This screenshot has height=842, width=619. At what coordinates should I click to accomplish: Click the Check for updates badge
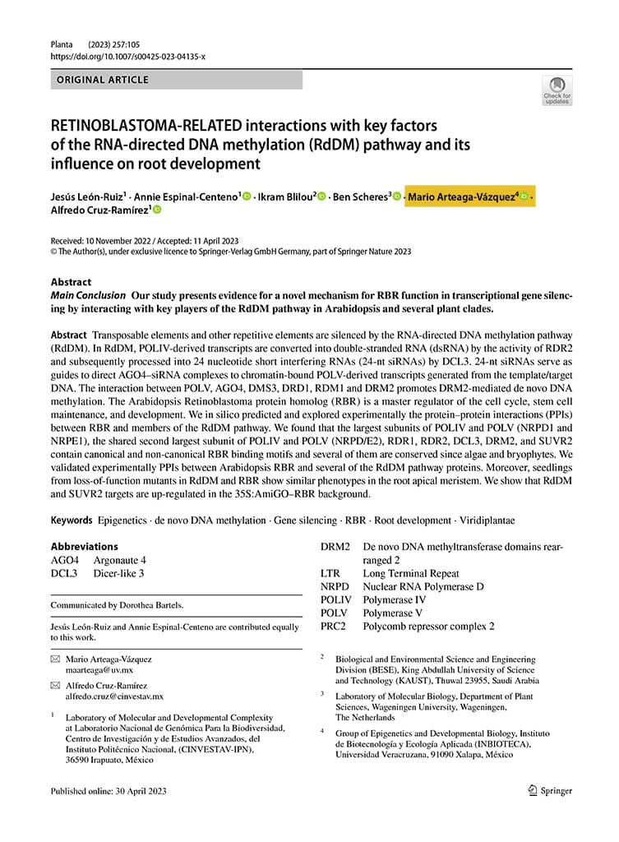[x=557, y=89]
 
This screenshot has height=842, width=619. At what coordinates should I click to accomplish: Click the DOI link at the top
[x=127, y=57]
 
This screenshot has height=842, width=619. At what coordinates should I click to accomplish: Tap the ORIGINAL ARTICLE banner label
[x=102, y=80]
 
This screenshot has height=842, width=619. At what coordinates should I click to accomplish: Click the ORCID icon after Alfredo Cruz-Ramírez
[x=156, y=210]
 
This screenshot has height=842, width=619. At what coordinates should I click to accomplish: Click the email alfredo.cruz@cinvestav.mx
[x=114, y=696]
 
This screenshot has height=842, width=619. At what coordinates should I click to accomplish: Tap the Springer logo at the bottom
[x=550, y=791]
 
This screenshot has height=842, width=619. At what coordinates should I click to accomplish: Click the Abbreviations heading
[x=84, y=546]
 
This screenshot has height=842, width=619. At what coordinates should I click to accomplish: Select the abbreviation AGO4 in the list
[x=64, y=560]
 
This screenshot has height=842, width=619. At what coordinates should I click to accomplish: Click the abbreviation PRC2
[x=335, y=626]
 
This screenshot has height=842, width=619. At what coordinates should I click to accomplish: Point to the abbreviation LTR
[x=332, y=573]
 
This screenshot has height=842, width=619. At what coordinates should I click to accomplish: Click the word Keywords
[x=71, y=520]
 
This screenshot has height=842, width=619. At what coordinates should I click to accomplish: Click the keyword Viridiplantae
[x=483, y=520]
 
